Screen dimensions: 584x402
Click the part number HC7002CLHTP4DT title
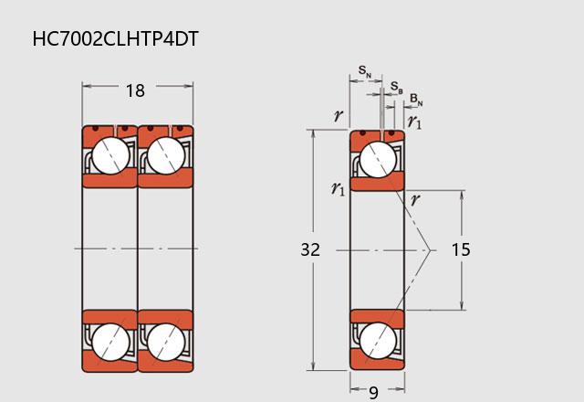(x=116, y=38)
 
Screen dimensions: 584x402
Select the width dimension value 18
(x=135, y=90)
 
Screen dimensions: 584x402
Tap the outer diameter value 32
(x=310, y=249)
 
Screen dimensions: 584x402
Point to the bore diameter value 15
(x=461, y=249)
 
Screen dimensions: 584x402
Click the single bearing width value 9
(x=373, y=393)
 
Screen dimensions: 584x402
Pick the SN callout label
(x=365, y=70)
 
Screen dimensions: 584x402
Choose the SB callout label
(x=397, y=88)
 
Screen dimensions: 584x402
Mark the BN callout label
(x=416, y=100)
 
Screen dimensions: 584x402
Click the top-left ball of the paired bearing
(x=110, y=155)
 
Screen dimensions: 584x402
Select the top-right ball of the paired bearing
(x=166, y=155)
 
